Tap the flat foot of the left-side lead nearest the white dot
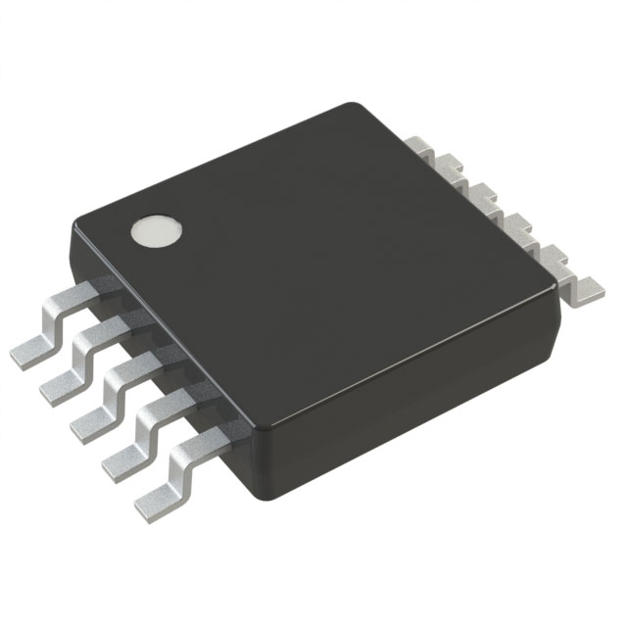(29, 351)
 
